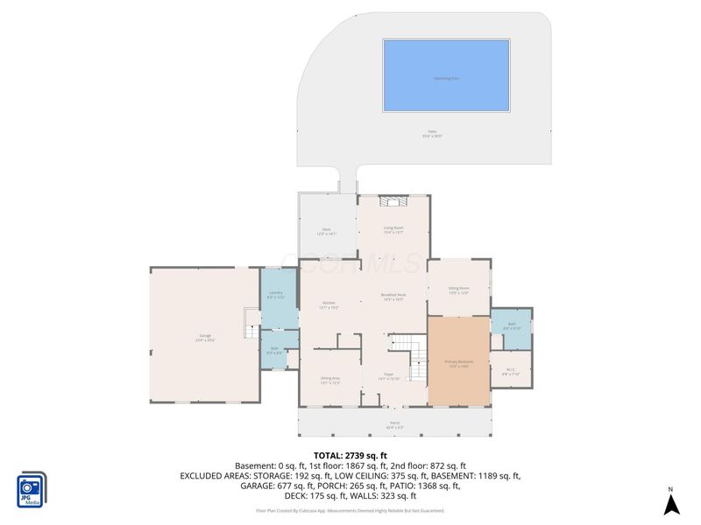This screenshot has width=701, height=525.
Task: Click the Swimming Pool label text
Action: (446, 77)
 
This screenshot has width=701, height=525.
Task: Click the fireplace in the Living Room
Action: (393, 200)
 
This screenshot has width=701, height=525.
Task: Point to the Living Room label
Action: (393, 230)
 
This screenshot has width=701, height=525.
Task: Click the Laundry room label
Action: (275, 295)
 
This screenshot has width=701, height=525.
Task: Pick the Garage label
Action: (205, 337)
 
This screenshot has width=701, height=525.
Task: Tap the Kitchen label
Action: (329, 305)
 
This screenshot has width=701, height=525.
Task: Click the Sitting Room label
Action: (459, 290)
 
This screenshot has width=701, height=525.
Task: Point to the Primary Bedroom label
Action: (458, 363)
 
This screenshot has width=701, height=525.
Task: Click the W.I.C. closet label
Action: (512, 371)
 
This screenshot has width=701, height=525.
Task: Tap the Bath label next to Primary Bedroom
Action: (512, 325)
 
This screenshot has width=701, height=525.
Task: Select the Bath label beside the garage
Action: (274, 351)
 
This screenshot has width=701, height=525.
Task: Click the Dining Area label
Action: (330, 380)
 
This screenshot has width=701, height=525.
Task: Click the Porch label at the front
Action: (394, 423)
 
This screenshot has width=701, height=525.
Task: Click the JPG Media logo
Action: (32, 490)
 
